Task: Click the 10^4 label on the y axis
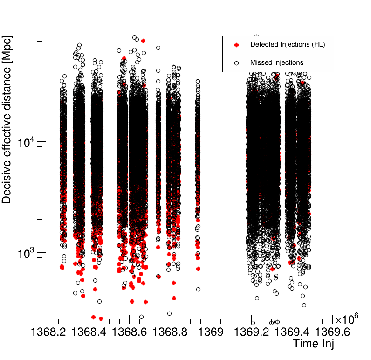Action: [x=26, y=142]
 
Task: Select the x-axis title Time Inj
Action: [x=313, y=344]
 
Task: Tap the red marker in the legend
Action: [x=236, y=45]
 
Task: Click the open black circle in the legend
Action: [x=236, y=62]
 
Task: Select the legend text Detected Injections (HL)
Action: [x=288, y=45]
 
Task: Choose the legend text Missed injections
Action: [x=277, y=62]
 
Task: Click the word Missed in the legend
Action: [x=261, y=62]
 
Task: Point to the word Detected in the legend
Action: [x=264, y=45]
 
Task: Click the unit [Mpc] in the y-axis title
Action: [x=7, y=47]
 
